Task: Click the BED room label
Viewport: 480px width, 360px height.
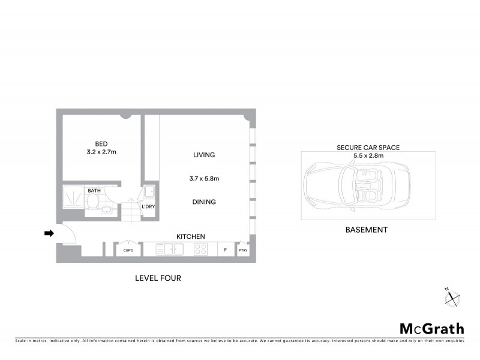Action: point(101,143)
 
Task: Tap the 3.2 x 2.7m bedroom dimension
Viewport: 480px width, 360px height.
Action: point(101,152)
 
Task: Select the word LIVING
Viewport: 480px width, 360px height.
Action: point(204,155)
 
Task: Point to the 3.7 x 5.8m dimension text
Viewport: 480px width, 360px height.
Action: point(204,178)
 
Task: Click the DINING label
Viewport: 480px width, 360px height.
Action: point(204,202)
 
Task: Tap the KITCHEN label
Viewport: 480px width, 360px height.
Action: point(191,237)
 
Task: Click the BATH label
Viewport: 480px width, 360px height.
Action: point(94,191)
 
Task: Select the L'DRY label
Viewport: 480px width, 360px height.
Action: point(148,208)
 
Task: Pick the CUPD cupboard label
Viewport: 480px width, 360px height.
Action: point(128,250)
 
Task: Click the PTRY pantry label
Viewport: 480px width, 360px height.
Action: point(243,250)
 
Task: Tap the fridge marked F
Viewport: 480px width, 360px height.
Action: point(225,249)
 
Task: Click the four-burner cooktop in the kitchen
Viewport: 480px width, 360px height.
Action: point(201,249)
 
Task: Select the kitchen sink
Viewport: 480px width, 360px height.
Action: point(170,249)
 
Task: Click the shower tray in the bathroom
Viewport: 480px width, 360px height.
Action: point(74,197)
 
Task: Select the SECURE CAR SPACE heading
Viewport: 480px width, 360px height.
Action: point(368,147)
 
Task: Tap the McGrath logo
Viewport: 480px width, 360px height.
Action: point(432,328)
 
